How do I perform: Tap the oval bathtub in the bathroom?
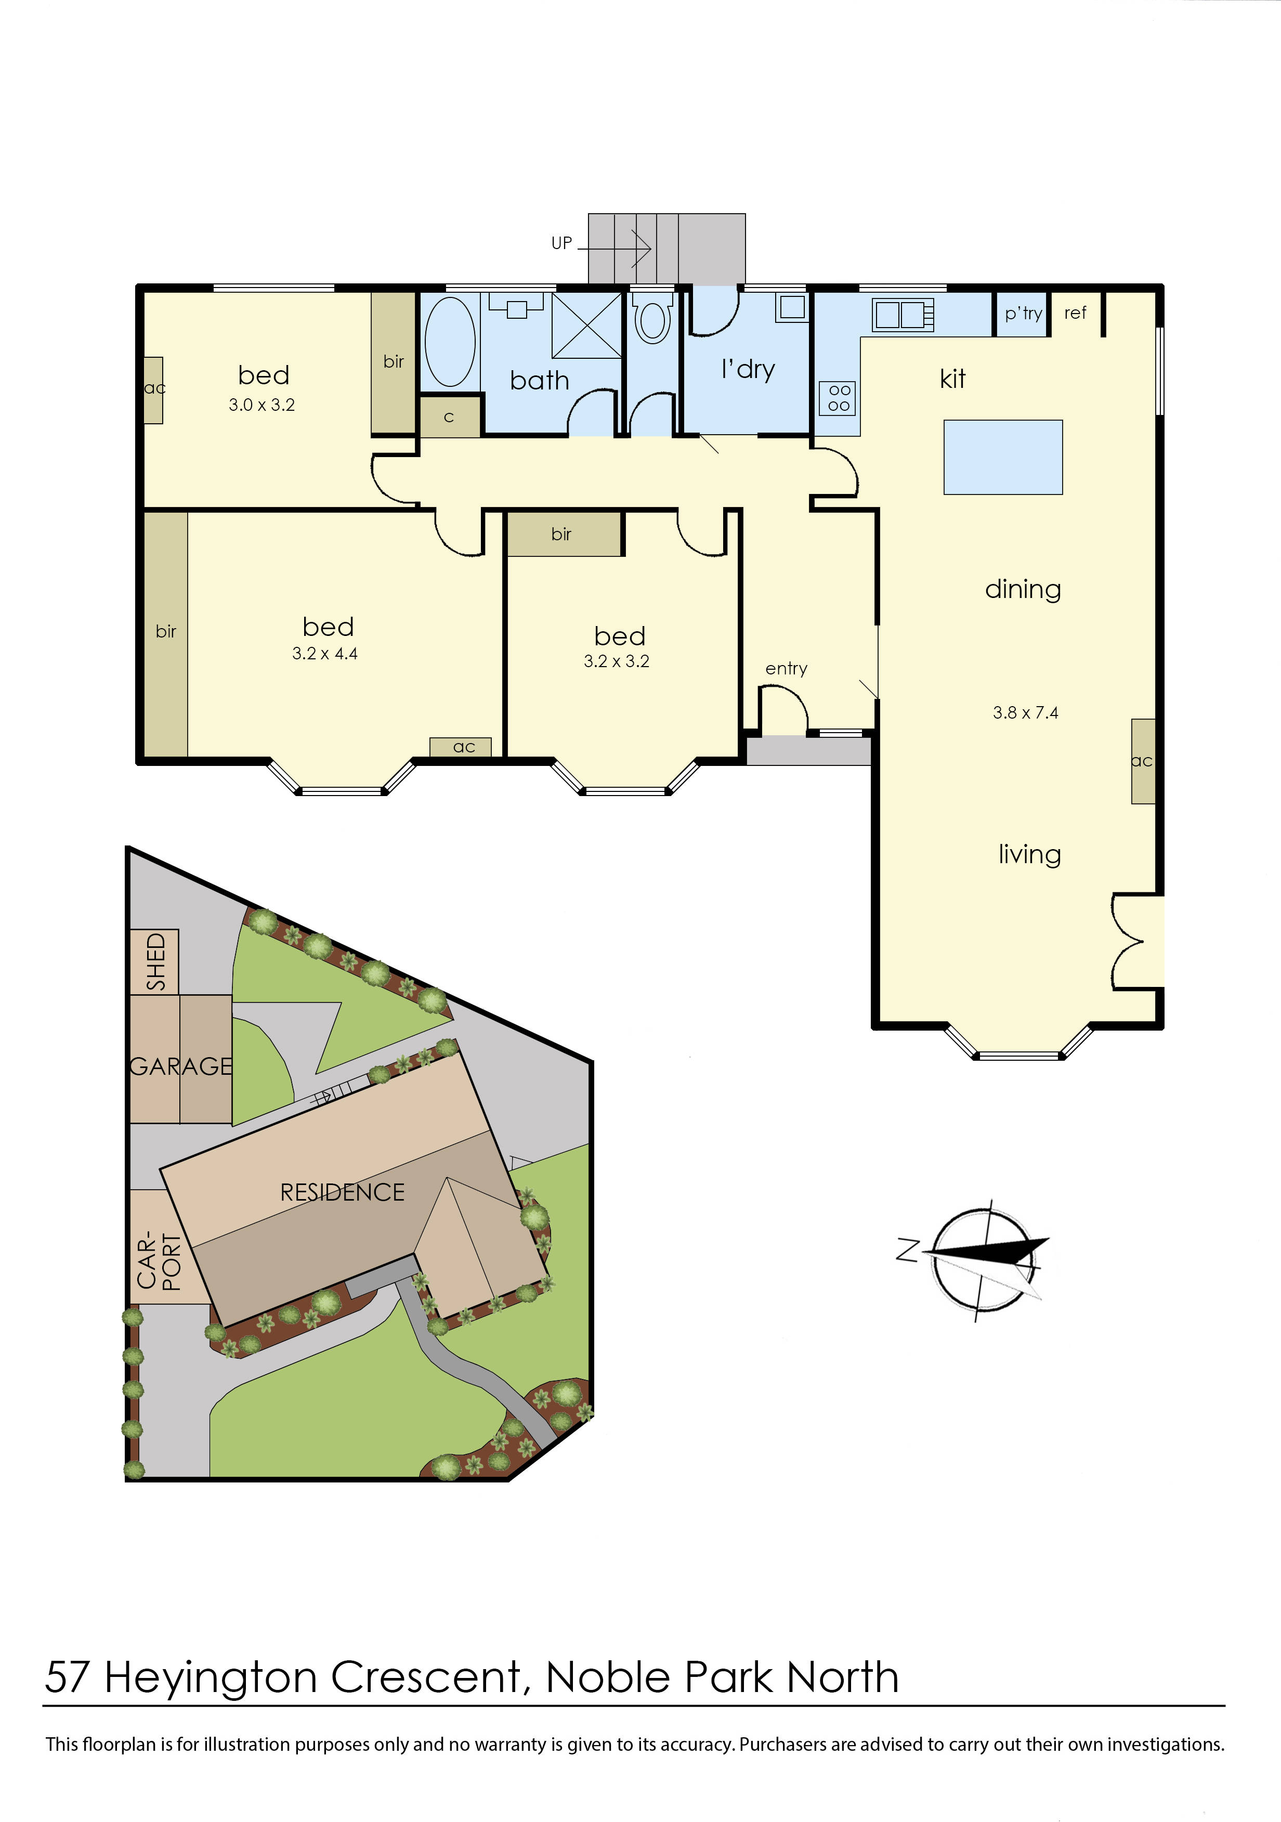point(450,342)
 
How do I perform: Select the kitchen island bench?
point(1002,457)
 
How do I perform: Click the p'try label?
point(1023,314)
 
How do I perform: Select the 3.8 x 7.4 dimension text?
point(1025,712)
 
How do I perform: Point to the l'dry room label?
point(747,370)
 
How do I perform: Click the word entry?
point(786,669)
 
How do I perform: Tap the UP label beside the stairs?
point(561,243)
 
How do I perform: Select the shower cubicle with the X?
point(587,326)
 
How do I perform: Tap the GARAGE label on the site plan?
point(181,1066)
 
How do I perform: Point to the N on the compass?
point(907,1249)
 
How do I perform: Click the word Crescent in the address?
point(425,1677)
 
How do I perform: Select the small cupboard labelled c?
point(449,418)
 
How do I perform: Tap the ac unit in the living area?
point(1142,761)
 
